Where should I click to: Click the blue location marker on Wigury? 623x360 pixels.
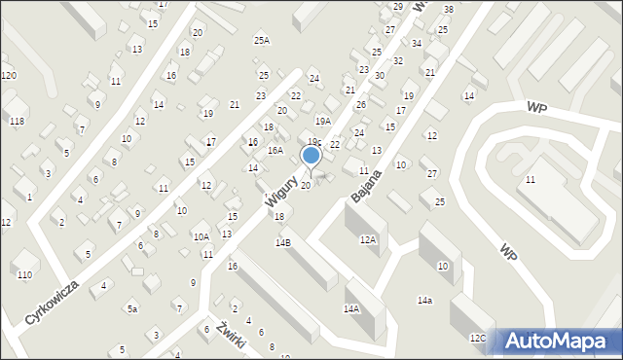pos(311,155)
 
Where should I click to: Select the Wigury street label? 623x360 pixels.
pos(280,182)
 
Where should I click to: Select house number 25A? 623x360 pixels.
pos(261,40)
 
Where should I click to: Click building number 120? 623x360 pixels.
pos(9,76)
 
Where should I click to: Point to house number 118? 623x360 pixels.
pos(17,120)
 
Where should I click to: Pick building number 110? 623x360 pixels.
pos(22,275)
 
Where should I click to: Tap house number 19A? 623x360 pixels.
pos(323,121)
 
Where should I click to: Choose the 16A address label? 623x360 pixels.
pos(275,151)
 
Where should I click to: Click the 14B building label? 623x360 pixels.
pos(282,242)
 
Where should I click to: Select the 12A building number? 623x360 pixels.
pos(367,238)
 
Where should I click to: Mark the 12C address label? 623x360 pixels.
pos(477,338)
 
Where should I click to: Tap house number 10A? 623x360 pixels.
pos(201,236)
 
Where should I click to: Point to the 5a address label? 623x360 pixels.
pos(131,308)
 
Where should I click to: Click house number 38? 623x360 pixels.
pos(448,10)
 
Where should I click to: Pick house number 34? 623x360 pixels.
pos(417,44)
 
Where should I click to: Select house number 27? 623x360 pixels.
pos(432,173)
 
